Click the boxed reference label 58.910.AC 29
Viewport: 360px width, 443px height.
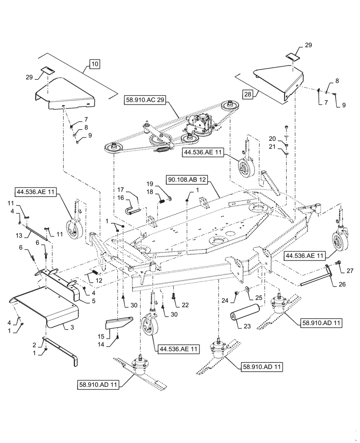[x=145, y=101]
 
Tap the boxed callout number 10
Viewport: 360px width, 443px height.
[x=94, y=64]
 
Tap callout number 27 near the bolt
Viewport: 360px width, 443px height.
[x=349, y=270]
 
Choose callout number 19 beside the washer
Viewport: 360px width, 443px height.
[x=150, y=183]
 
